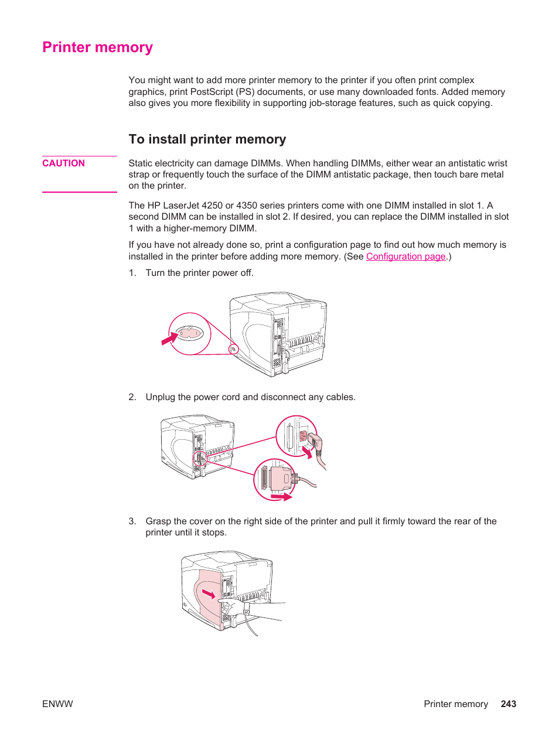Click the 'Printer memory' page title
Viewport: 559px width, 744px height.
pyautogui.click(x=97, y=47)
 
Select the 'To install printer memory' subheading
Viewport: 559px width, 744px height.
pyautogui.click(x=207, y=139)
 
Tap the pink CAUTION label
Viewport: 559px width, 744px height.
pyautogui.click(x=63, y=163)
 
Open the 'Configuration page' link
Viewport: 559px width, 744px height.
pyautogui.click(x=405, y=257)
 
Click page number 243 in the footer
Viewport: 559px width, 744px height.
pyautogui.click(x=508, y=704)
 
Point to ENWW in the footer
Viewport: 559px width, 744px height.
pyautogui.click(x=57, y=704)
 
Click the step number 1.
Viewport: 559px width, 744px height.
pyautogui.click(x=132, y=273)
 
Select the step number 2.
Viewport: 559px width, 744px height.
pyautogui.click(x=132, y=397)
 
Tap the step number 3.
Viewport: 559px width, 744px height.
pyautogui.click(x=132, y=521)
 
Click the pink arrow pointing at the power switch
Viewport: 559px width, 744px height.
pyautogui.click(x=169, y=339)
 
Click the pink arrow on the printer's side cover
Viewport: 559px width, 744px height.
pyautogui.click(x=209, y=594)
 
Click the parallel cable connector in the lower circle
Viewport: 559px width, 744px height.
pyautogui.click(x=279, y=477)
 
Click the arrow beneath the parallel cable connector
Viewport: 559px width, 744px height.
pyautogui.click(x=281, y=497)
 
